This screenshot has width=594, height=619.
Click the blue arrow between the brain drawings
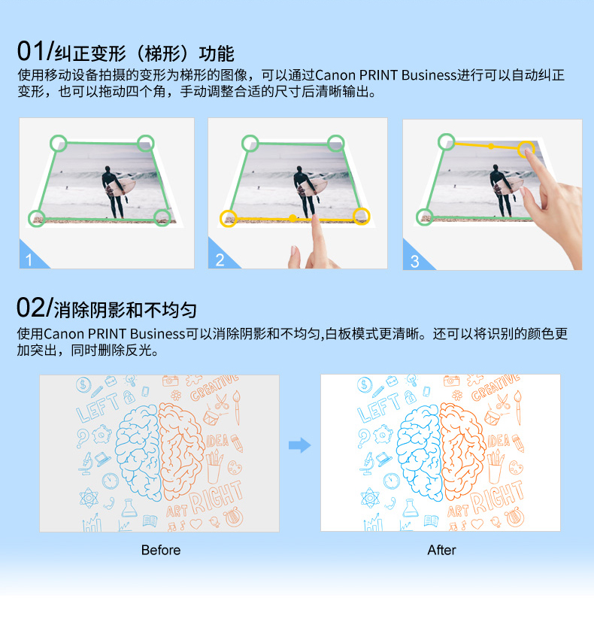pyautogui.click(x=299, y=445)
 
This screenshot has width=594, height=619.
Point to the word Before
pyautogui.click(x=161, y=550)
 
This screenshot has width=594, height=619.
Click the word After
pyautogui.click(x=441, y=550)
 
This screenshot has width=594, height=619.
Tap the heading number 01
pyautogui.click(x=31, y=51)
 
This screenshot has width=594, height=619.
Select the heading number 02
pyautogui.click(x=31, y=308)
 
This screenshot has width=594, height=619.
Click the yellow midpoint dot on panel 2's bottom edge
pyautogui.click(x=292, y=218)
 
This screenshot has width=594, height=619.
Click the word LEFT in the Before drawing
pyautogui.click(x=98, y=408)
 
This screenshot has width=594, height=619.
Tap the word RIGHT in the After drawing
pyautogui.click(x=497, y=496)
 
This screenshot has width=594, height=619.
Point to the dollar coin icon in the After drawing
pyautogui.click(x=364, y=384)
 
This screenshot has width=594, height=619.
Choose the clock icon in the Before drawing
pyautogui.click(x=111, y=481)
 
